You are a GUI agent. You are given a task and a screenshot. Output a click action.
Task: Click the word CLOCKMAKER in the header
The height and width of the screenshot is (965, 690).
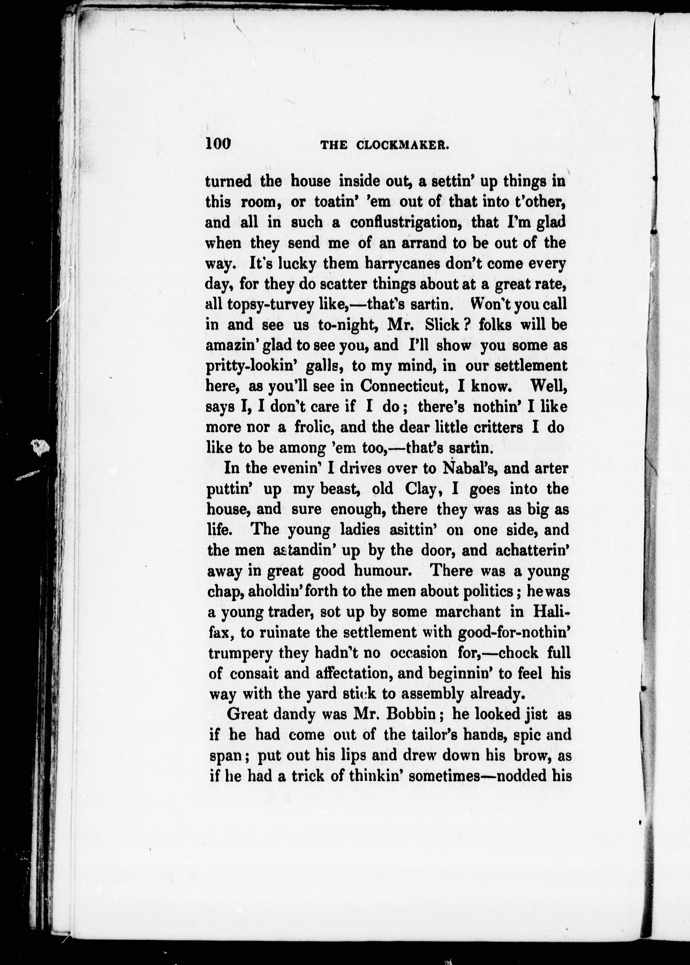pos(403,145)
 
